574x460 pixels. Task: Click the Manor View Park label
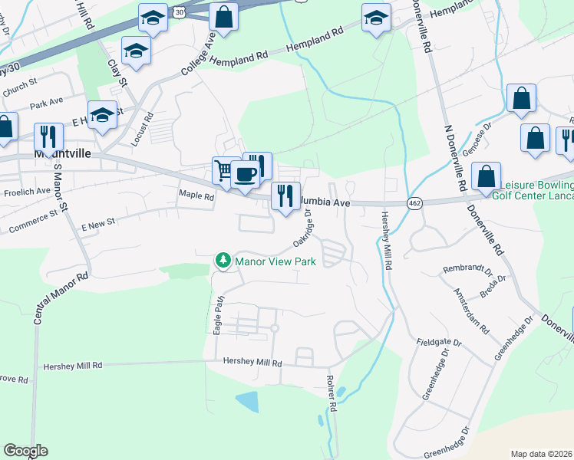[x=275, y=261]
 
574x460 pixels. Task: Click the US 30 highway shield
[x=178, y=12]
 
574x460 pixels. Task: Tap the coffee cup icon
[x=246, y=174]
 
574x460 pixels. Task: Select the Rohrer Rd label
[x=332, y=394]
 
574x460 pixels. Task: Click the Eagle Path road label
[x=218, y=314]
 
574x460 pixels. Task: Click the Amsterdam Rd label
[x=470, y=311]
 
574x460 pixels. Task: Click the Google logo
[x=25, y=451]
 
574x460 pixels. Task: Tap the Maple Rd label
[x=196, y=195]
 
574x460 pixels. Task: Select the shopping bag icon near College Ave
[x=223, y=18]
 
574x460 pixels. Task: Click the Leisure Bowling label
[x=536, y=186]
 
